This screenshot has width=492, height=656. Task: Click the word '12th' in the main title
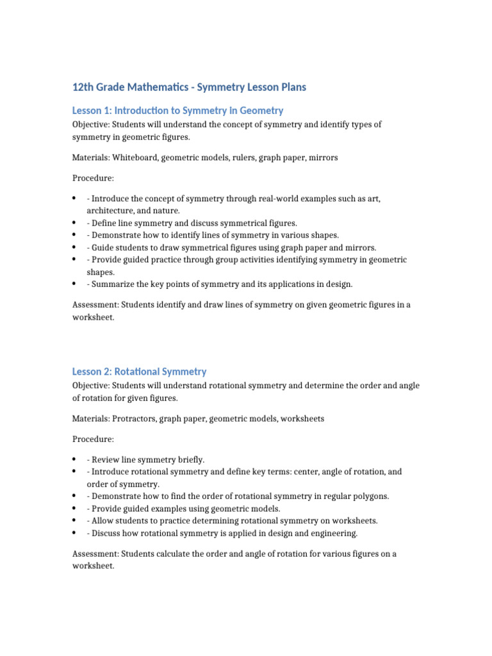tap(83, 87)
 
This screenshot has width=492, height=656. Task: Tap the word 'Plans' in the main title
tap(291, 87)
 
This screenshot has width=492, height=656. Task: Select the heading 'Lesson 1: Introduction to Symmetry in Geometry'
tap(177, 111)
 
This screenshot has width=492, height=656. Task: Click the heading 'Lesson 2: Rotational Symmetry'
tap(139, 372)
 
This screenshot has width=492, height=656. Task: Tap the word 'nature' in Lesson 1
tap(166, 211)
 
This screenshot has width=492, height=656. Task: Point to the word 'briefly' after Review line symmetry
tap(190, 460)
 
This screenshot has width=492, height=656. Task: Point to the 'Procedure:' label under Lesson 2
tap(93, 439)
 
